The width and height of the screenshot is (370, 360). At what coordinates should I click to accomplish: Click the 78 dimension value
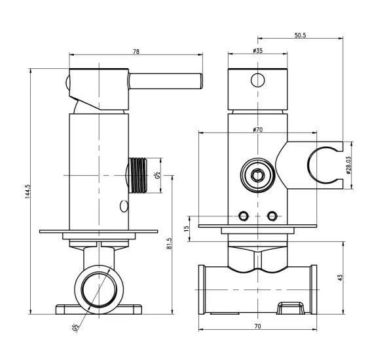tap(136, 51)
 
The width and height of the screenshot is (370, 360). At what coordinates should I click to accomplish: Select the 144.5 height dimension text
tap(28, 191)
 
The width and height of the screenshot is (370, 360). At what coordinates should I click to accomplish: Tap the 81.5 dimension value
tap(169, 243)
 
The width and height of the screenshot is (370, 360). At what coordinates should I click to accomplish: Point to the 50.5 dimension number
tap(300, 35)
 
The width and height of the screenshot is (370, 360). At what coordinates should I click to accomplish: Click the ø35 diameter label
tap(257, 50)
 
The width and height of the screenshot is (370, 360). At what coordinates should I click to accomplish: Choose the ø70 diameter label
tap(257, 129)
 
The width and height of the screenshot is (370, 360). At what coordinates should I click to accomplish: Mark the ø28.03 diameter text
tap(349, 165)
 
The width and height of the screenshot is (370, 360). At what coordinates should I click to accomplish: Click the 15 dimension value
tap(187, 228)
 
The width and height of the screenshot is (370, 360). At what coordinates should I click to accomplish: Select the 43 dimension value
tap(340, 277)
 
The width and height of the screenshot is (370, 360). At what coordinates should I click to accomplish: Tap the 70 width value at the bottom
tap(257, 326)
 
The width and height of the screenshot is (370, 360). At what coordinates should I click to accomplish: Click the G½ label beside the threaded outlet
tap(158, 175)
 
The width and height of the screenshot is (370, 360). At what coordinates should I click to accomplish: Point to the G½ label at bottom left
tap(75, 328)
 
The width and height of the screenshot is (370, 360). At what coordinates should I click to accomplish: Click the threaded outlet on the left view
tap(138, 175)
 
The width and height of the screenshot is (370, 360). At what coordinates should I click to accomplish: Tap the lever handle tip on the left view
tap(200, 81)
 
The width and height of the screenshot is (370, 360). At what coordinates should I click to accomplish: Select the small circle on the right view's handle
tap(257, 80)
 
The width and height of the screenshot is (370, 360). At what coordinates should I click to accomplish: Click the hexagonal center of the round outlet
tap(257, 175)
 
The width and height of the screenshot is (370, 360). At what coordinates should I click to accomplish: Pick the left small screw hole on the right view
tap(243, 216)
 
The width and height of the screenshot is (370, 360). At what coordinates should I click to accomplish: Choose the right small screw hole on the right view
tap(272, 216)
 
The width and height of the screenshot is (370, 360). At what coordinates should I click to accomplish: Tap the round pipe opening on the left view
tap(99, 289)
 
